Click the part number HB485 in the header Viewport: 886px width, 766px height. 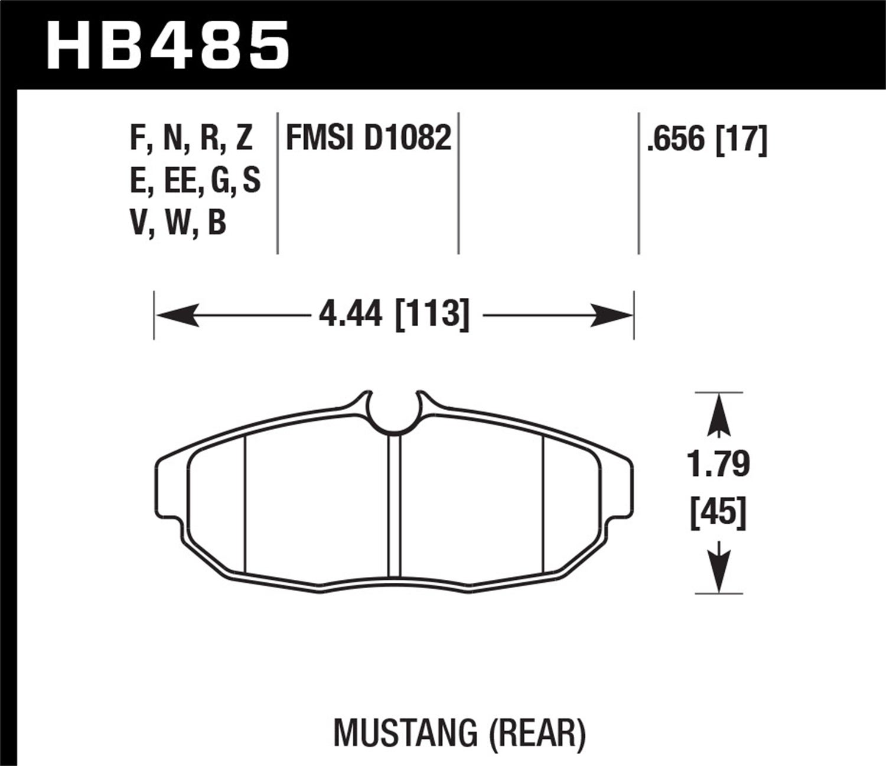click(168, 45)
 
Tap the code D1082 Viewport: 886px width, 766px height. click(408, 139)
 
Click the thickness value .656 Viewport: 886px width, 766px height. click(676, 140)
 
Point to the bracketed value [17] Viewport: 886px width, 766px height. click(741, 140)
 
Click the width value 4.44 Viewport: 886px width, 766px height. click(351, 314)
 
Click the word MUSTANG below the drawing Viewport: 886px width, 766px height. click(405, 732)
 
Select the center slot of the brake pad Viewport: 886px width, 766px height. click(395, 505)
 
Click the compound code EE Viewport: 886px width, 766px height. click(181, 181)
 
